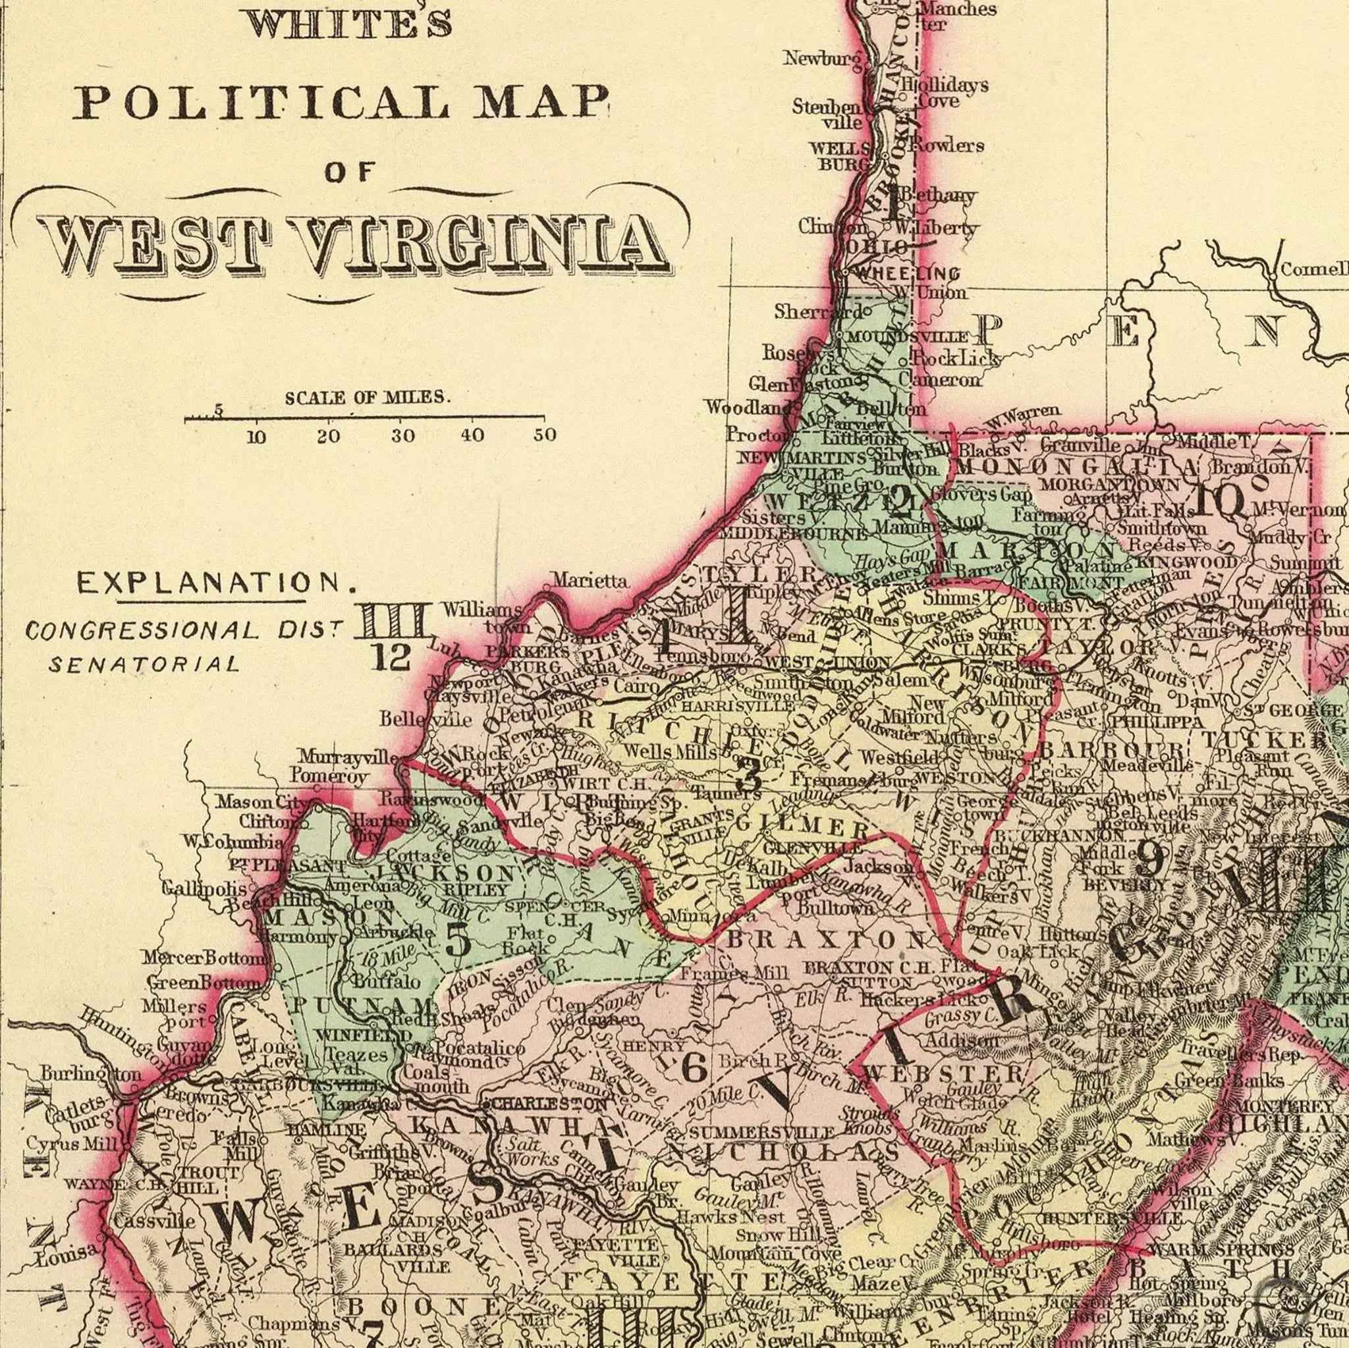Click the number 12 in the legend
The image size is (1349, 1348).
[393, 658]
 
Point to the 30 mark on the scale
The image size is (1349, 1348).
[403, 437]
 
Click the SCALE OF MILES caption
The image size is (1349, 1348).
[368, 398]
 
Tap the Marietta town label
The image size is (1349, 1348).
[590, 580]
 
